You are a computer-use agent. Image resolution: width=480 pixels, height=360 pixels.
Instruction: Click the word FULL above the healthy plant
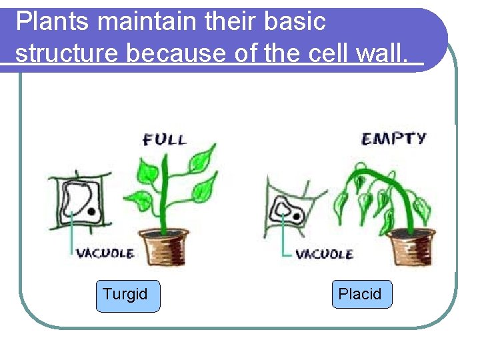164,140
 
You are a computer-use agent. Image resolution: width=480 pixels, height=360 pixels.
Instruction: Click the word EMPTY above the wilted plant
393,139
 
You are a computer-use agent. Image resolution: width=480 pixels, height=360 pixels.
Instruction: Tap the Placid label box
362,295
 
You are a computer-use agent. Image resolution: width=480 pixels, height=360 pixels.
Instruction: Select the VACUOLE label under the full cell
105,253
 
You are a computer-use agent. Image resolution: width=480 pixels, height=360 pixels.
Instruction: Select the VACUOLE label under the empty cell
324,254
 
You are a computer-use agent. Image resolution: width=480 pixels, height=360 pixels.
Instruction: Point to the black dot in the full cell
89,211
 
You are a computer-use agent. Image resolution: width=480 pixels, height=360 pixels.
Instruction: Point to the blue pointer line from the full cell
71,237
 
